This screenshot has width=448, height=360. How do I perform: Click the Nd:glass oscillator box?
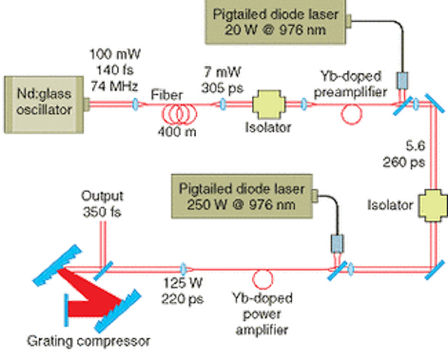[44, 104]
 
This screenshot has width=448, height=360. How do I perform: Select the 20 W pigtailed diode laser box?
[275, 22]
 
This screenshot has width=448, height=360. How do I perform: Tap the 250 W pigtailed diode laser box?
[241, 196]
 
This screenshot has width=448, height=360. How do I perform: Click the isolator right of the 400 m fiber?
[269, 104]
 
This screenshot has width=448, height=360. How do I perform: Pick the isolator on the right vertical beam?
[433, 205]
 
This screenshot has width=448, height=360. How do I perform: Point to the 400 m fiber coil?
[179, 113]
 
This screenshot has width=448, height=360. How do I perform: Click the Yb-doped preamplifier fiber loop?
[351, 114]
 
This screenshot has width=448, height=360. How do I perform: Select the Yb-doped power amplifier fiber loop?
[262, 279]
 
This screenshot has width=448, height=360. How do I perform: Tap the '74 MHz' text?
[114, 85]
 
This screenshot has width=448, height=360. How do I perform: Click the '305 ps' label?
[223, 88]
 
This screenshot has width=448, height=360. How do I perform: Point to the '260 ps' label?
[404, 162]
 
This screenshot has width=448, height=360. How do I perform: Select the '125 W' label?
[183, 283]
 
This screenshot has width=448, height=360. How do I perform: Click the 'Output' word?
[102, 196]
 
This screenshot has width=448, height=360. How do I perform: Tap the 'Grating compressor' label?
[88, 341]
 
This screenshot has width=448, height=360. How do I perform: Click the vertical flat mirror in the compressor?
[66, 310]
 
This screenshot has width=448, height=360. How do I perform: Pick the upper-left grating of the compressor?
[57, 265]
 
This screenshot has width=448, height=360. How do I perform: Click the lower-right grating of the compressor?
[118, 310]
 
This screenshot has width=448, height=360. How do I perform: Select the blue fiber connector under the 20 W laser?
[402, 81]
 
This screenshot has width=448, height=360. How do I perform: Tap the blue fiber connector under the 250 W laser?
[337, 244]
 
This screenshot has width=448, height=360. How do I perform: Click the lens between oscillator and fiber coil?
[135, 104]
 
